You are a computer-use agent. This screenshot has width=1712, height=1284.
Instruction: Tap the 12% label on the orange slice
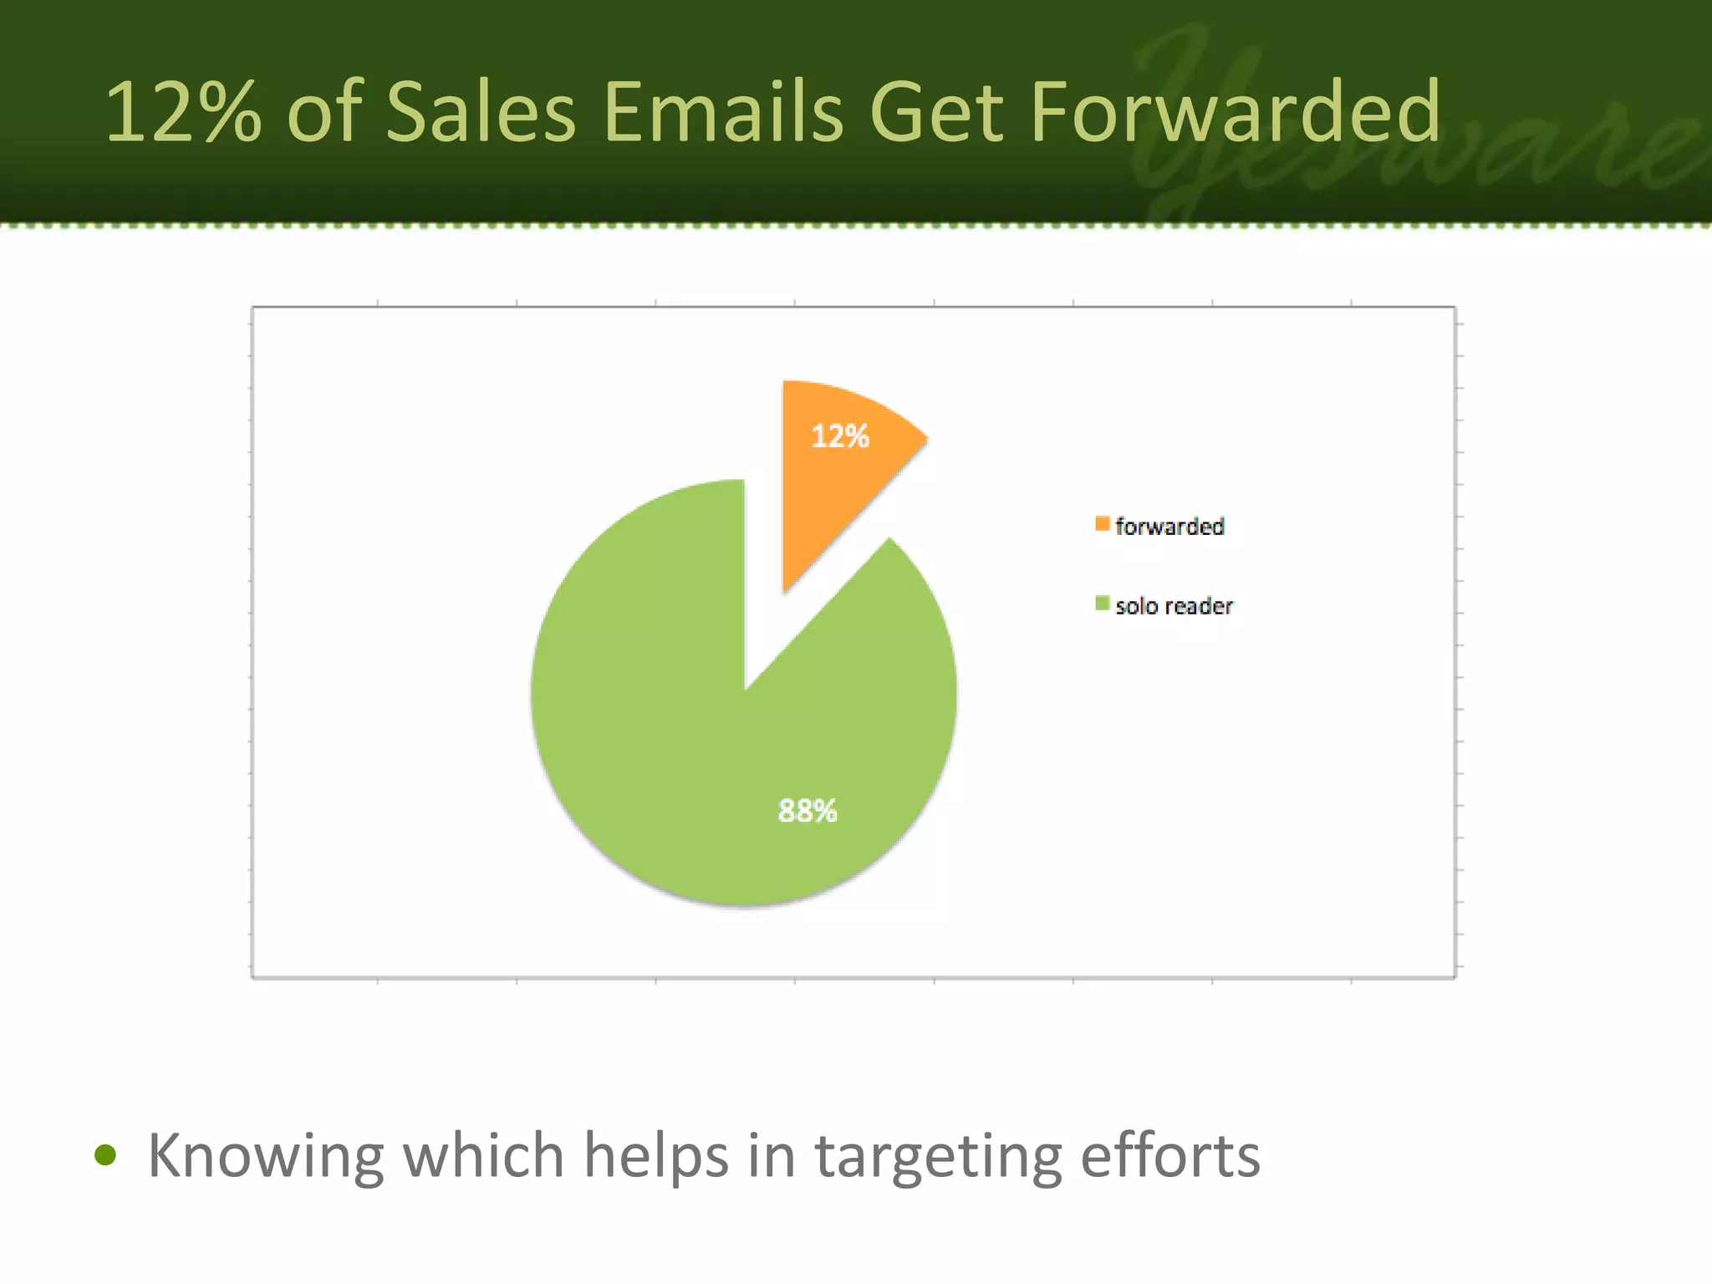[x=840, y=436]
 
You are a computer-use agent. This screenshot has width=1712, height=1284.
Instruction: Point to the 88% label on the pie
[x=808, y=810]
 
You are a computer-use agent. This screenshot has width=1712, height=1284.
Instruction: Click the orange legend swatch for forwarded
[x=1103, y=524]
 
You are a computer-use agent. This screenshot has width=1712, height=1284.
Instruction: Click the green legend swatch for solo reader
[x=1103, y=604]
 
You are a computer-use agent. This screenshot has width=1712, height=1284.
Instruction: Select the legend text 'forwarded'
[x=1169, y=527]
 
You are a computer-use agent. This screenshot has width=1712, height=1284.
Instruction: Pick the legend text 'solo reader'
[x=1174, y=606]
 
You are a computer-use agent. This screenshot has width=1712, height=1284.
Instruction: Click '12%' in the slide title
[x=182, y=112]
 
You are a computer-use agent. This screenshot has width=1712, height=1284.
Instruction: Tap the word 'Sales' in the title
[x=481, y=112]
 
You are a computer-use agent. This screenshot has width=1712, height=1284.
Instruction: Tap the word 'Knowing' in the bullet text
[x=265, y=1156]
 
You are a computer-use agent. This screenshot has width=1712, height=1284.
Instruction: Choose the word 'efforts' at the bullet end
[x=1170, y=1156]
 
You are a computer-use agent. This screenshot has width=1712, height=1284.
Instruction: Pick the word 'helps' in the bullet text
[x=655, y=1156]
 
